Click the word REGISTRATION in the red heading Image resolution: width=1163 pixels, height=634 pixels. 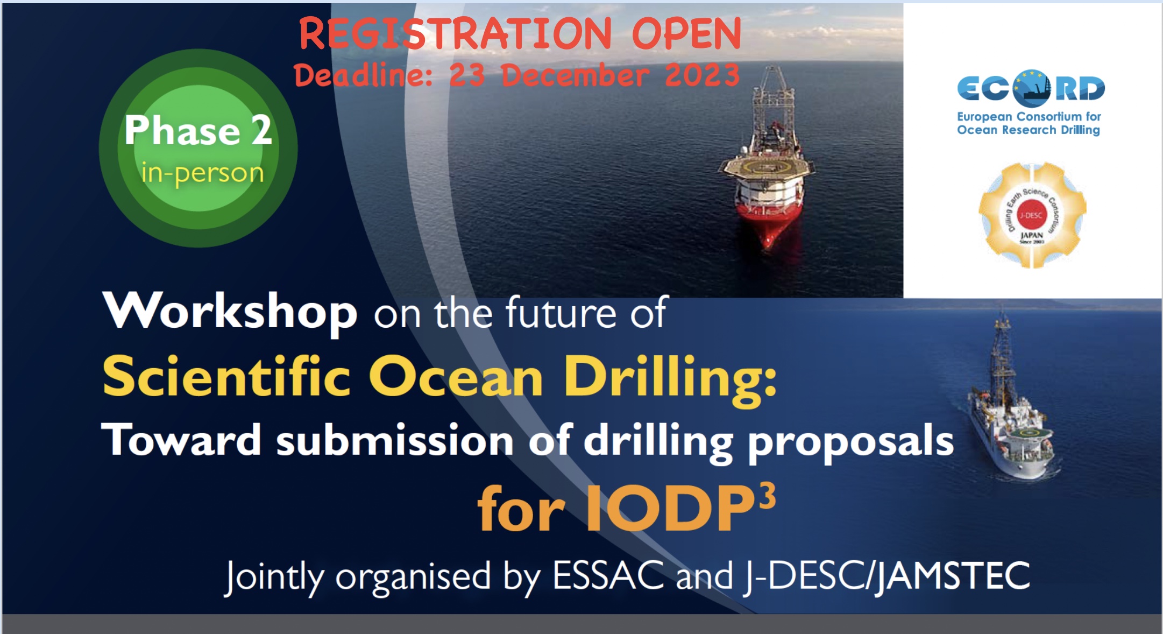tap(455, 33)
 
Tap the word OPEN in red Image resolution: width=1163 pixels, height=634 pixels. tap(686, 33)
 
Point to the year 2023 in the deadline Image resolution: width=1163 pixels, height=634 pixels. tap(702, 75)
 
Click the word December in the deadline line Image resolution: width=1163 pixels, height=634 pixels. tap(575, 75)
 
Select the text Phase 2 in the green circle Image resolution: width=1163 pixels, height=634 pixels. tap(198, 130)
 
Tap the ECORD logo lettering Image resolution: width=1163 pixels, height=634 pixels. tap(1031, 89)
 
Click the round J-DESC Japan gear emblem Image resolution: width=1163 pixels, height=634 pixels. tap(1032, 215)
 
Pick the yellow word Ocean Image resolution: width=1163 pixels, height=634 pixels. tap(456, 377)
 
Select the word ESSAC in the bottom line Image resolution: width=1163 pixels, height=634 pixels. tap(608, 575)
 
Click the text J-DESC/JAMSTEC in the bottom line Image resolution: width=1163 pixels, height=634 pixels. tap(887, 576)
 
